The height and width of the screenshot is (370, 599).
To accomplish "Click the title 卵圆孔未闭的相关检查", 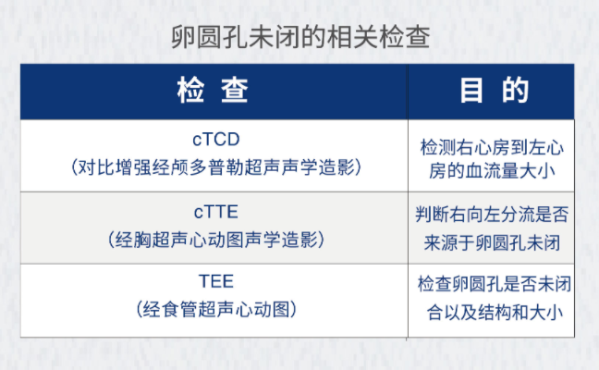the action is [x=300, y=37].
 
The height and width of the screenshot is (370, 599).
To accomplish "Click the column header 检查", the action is [x=213, y=91].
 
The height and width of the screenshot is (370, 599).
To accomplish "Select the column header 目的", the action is [x=495, y=91].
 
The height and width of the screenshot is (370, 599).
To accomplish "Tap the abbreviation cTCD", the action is [x=215, y=139].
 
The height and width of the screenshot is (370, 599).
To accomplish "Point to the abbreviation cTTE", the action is [x=215, y=212].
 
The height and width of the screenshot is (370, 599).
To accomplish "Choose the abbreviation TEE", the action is [x=215, y=282].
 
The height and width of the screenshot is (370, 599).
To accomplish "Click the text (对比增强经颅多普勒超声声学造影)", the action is [x=215, y=167].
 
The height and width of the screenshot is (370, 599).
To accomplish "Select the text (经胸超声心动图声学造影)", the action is [x=215, y=240].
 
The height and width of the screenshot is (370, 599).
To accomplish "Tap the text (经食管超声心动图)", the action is [x=215, y=309].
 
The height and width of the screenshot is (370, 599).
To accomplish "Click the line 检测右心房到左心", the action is [x=492, y=148].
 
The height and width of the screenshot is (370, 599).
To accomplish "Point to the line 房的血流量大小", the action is [x=492, y=170].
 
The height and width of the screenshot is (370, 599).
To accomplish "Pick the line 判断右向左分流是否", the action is [x=492, y=214].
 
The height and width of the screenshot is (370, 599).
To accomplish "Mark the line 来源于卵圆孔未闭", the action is [x=492, y=242].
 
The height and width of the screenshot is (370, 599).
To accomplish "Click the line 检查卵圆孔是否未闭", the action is [x=495, y=284].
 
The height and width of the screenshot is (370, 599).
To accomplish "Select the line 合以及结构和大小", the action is [x=495, y=313].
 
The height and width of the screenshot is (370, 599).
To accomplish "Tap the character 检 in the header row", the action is [x=190, y=91].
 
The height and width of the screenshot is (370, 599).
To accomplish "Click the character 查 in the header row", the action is [x=235, y=91].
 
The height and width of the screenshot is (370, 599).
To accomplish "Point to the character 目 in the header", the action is [x=471, y=91].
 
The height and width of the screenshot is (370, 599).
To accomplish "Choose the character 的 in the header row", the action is [x=516, y=91].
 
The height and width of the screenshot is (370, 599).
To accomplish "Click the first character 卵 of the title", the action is [x=183, y=37].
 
